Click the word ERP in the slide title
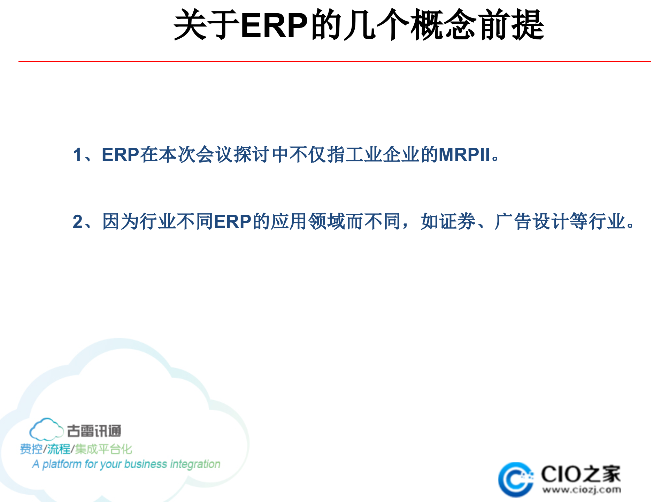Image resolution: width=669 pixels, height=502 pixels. coord(274,25)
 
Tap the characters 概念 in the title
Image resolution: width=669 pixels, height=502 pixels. coord(443,25)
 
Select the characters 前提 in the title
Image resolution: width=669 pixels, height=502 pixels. coord(511,25)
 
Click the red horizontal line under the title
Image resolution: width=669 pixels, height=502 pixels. coord(334,61)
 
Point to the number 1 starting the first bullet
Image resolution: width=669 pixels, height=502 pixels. coord(77,155)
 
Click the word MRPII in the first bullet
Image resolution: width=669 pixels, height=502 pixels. coord(464,155)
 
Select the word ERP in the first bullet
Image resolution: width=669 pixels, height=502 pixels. coord(120,155)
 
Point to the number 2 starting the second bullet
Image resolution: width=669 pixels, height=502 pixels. coord(77,222)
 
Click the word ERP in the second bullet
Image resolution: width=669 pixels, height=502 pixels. coord(232,222)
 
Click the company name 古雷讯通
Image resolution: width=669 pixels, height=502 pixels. coord(94,431)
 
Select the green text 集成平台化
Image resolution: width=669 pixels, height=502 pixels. coord(104,449)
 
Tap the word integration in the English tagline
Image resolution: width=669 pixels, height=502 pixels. coord(195,464)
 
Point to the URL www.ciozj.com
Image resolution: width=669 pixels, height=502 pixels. coord(581,490)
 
